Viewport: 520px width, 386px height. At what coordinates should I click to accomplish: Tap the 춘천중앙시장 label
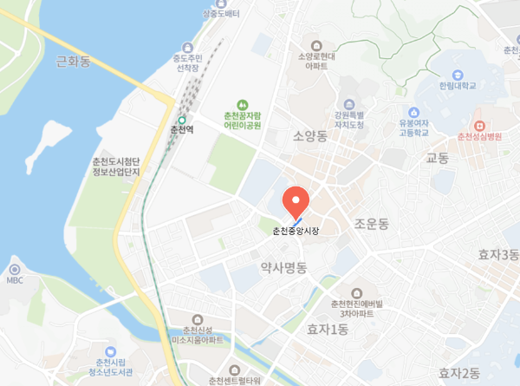tap(296, 231)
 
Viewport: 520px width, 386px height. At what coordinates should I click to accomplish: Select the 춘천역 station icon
tap(183, 121)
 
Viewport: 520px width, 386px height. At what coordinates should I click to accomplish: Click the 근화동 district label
tap(73, 61)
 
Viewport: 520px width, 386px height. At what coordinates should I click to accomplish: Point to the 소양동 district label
tap(309, 135)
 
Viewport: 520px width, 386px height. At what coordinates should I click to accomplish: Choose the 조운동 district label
tap(373, 225)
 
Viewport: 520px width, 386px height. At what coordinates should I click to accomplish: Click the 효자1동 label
tap(327, 329)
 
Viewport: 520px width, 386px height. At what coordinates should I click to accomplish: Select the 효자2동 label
tap(458, 373)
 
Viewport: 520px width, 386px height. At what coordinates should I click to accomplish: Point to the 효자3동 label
tap(498, 254)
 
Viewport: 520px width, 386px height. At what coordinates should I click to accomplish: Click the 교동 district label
tap(437, 159)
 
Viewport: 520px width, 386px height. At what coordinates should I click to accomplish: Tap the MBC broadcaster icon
tap(14, 269)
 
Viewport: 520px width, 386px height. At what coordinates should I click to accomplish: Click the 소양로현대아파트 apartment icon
tap(315, 45)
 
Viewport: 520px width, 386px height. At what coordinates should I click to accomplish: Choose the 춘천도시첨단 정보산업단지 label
tap(122, 170)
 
